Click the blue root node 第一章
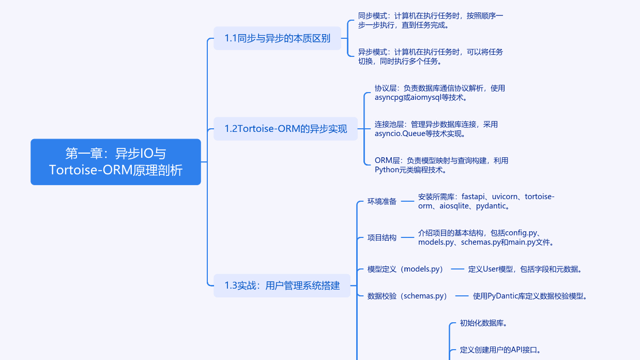(116, 162)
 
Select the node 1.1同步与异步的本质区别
(277, 38)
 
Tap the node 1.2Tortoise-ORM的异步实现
(285, 129)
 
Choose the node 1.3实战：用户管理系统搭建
(282, 286)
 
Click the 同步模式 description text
(430, 20)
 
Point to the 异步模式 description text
(430, 56)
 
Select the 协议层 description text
(439, 93)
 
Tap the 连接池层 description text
(436, 129)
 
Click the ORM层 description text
(441, 165)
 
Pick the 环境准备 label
(382, 201)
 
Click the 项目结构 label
(382, 237)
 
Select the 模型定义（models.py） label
(406, 269)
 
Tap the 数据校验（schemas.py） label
(407, 296)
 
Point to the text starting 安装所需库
(486, 201)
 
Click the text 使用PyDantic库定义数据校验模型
(530, 296)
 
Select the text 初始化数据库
(483, 323)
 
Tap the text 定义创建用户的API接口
(500, 350)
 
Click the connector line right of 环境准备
(408, 201)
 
